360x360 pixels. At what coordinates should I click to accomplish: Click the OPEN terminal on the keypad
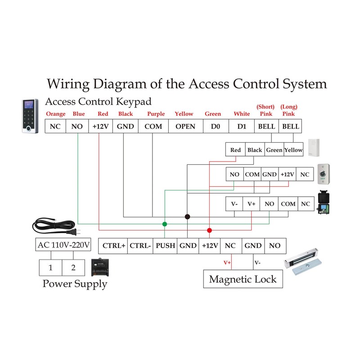(185, 126)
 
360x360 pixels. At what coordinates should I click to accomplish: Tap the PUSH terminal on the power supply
(165, 246)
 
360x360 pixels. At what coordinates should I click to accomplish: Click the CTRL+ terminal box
(114, 246)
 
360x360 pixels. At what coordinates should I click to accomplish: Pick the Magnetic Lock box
(243, 279)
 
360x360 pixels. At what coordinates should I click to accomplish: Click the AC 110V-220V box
(63, 245)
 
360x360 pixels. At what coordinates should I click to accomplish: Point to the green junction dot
(165, 224)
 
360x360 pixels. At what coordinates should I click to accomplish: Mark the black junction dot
(187, 217)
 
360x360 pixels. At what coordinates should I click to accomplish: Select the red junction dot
(209, 230)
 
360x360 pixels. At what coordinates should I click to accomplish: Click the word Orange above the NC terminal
(55, 114)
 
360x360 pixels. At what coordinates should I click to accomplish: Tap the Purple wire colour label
(156, 114)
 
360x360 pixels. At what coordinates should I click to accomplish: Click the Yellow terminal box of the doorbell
(293, 150)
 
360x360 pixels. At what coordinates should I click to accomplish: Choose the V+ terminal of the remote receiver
(252, 204)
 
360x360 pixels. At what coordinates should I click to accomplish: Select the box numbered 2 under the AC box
(73, 268)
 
